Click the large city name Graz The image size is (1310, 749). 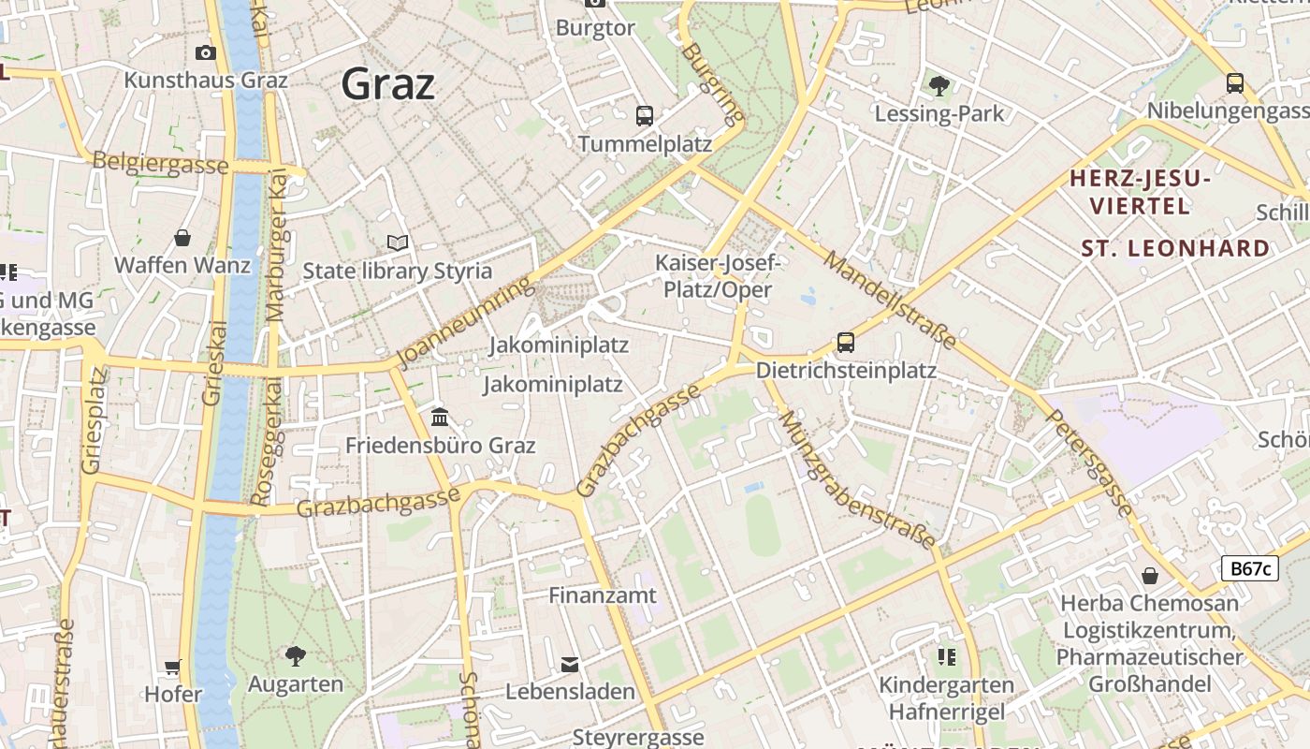pos(387,84)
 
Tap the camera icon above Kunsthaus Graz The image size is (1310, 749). pos(206,52)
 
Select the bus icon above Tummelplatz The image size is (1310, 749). pos(645,116)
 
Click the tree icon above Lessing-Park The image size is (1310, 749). pos(939,86)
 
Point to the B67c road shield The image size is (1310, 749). pos(1249,568)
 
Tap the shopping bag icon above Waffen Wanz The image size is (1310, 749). pos(182,238)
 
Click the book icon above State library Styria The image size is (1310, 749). pos(398,243)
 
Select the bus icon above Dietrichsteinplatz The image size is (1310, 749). pos(846,343)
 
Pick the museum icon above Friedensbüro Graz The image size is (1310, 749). pos(440,417)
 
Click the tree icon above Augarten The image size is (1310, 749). pos(296,655)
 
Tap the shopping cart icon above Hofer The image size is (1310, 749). pos(173,668)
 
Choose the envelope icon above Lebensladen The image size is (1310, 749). pos(570,665)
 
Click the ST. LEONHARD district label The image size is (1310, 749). pos(1175,249)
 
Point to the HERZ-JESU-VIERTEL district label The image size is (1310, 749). pos(1140,192)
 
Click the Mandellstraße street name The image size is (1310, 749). pos(890,301)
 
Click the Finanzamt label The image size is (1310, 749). pos(603,595)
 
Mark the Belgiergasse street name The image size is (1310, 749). pos(160,163)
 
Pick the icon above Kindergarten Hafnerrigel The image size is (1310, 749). pos(947,657)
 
